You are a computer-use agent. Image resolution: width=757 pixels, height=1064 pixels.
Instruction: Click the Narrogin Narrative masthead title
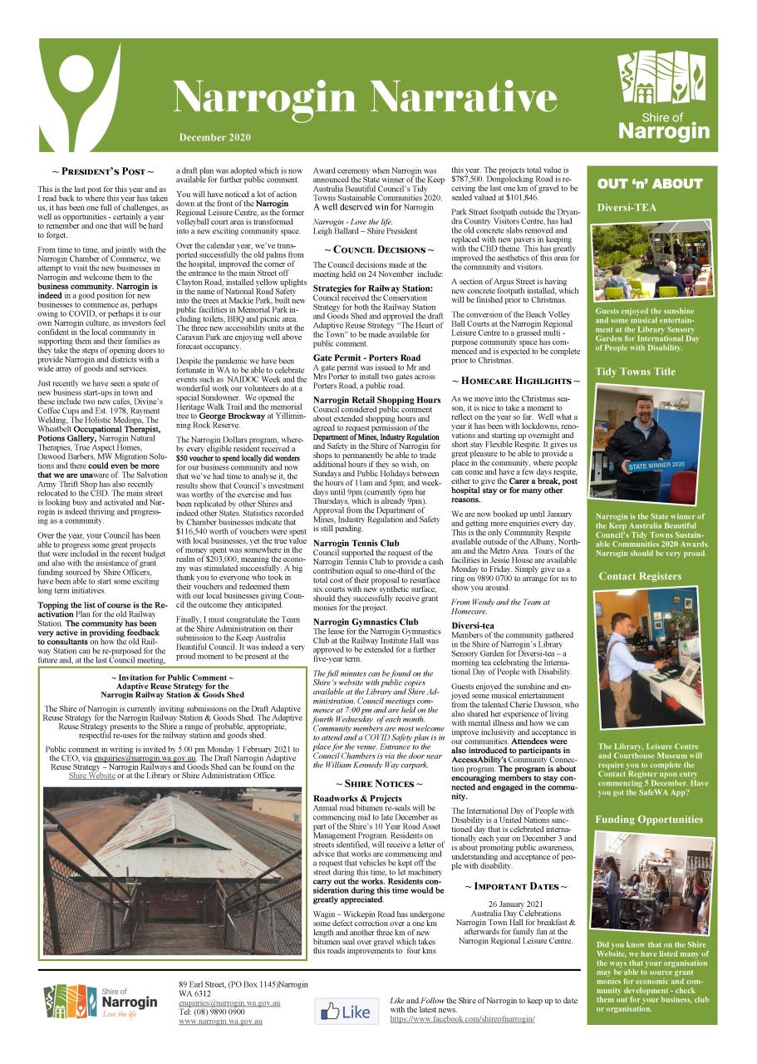(365, 99)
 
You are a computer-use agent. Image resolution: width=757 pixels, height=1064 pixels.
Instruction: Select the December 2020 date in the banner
(214, 136)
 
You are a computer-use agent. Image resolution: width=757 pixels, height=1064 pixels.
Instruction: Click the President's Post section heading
(103, 172)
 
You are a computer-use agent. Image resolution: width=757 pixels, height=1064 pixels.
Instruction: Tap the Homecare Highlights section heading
(515, 381)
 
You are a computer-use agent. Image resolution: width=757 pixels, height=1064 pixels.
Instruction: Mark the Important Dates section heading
(515, 887)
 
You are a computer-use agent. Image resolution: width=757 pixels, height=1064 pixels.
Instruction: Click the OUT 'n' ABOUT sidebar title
(649, 184)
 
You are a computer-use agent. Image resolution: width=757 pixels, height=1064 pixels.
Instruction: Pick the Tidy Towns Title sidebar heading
(635, 372)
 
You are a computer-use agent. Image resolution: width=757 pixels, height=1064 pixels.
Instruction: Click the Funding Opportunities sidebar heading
(649, 820)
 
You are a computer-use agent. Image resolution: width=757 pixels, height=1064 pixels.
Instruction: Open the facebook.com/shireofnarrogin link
(462, 1019)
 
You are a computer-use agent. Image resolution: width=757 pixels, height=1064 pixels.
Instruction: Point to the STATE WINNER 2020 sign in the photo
(656, 465)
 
